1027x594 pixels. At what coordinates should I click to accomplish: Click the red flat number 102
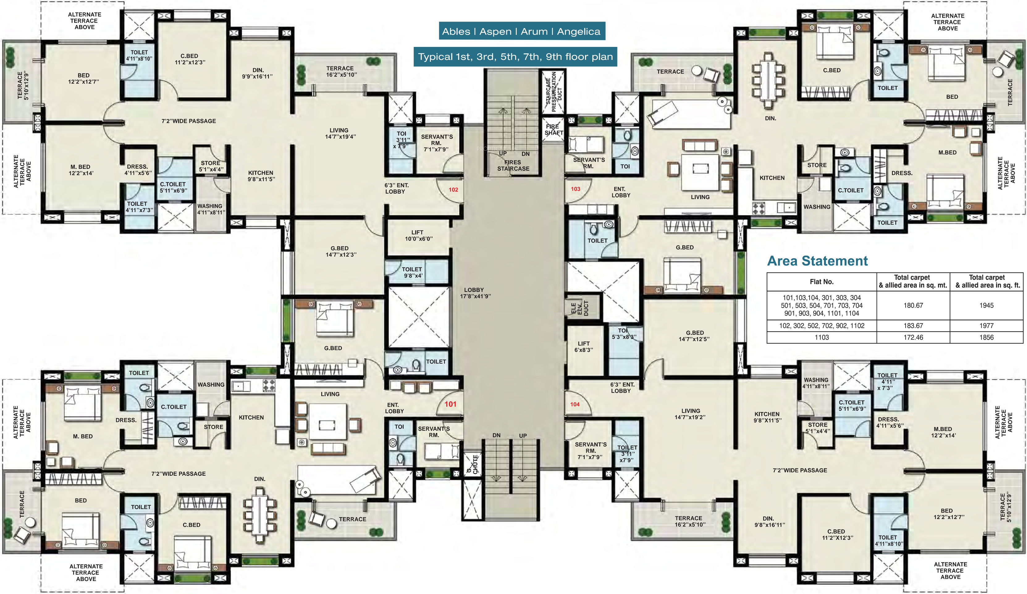453,190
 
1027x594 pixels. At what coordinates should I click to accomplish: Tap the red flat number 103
575,189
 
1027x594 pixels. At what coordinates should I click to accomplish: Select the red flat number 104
575,404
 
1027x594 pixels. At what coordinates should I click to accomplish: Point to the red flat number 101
450,404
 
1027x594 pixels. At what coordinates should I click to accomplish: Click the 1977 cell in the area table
986,325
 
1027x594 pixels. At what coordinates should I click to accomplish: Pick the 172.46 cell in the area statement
913,337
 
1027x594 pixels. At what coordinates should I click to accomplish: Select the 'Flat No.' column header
822,282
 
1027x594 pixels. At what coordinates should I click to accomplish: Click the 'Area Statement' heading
818,261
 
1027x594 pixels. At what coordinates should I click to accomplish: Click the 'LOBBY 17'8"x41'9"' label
475,293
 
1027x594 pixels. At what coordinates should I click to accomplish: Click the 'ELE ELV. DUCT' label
579,308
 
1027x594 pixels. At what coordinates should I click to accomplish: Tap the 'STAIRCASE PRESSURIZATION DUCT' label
554,92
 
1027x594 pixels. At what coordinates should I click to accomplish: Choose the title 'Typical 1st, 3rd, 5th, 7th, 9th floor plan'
515,56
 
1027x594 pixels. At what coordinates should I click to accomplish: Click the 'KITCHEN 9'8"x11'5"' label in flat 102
261,176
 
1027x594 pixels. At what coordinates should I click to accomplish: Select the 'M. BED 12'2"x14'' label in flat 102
81,170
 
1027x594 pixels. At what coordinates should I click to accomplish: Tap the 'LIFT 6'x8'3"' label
583,347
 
